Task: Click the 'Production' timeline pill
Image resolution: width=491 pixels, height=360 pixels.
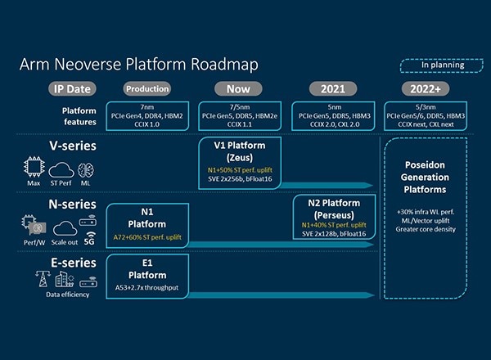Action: [x=147, y=88]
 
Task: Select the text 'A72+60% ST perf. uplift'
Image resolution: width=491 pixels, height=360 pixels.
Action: [x=148, y=237]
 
